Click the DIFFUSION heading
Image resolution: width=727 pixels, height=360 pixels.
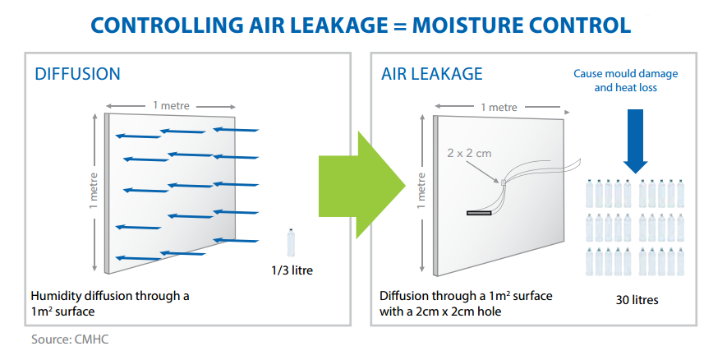tap(77, 74)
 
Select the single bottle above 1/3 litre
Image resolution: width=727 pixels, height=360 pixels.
tap(291, 244)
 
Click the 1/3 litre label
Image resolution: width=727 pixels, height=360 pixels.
tap(292, 270)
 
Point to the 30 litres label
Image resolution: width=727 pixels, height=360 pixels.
tap(636, 299)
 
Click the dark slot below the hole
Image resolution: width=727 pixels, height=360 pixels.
tap(478, 213)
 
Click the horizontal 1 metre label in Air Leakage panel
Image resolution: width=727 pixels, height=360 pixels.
tap(499, 107)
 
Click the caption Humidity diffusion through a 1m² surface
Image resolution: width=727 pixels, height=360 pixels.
tap(110, 302)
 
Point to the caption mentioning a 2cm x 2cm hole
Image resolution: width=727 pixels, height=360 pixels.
tap(466, 302)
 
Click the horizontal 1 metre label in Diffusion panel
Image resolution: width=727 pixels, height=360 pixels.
tap(173, 105)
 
